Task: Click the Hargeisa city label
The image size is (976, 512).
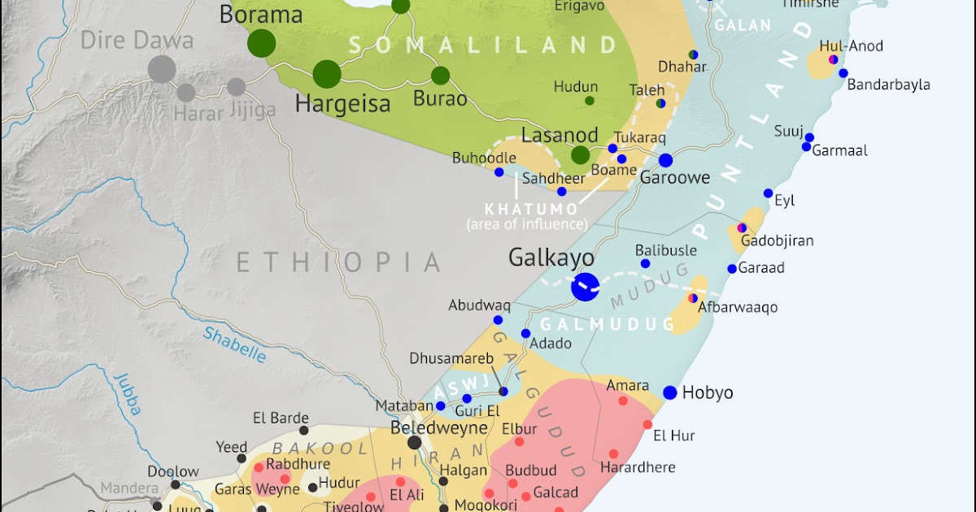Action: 342,104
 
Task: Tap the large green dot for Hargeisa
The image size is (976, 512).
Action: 326,74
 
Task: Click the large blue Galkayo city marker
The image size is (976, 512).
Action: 585,286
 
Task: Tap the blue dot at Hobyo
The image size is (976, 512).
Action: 669,393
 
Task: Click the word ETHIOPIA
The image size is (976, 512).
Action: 338,262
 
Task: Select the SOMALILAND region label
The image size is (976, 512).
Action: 479,46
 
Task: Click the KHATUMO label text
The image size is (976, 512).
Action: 525,208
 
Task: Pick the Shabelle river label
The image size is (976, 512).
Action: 234,344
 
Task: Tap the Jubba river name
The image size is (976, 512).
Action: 127,394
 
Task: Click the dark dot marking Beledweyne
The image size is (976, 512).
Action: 415,442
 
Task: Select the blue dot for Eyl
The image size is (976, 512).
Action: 768,193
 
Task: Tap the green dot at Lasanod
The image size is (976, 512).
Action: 580,154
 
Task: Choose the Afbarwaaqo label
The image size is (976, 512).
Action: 737,307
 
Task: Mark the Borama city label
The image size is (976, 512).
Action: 260,15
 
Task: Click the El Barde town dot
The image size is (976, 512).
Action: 303,431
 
